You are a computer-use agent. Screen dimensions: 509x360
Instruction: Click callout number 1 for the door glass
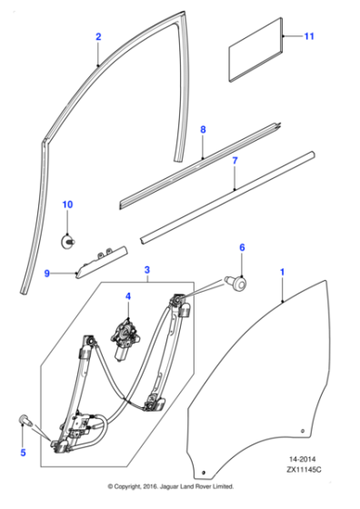point(282,272)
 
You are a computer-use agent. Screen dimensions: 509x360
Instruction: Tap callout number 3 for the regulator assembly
point(147,271)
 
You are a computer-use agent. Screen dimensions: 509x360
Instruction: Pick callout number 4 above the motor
point(128,295)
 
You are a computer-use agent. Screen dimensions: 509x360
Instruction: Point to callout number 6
point(242,247)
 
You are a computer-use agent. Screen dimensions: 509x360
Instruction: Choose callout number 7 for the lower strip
point(235,162)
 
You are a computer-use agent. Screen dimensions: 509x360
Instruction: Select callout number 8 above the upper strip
point(203,131)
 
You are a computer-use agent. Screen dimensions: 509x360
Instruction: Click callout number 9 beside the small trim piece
point(47,272)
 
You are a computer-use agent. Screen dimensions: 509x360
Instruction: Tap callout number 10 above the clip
point(66,205)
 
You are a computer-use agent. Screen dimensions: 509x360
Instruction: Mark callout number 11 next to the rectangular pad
point(308,36)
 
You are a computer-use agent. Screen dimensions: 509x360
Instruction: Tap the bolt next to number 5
point(25,420)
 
